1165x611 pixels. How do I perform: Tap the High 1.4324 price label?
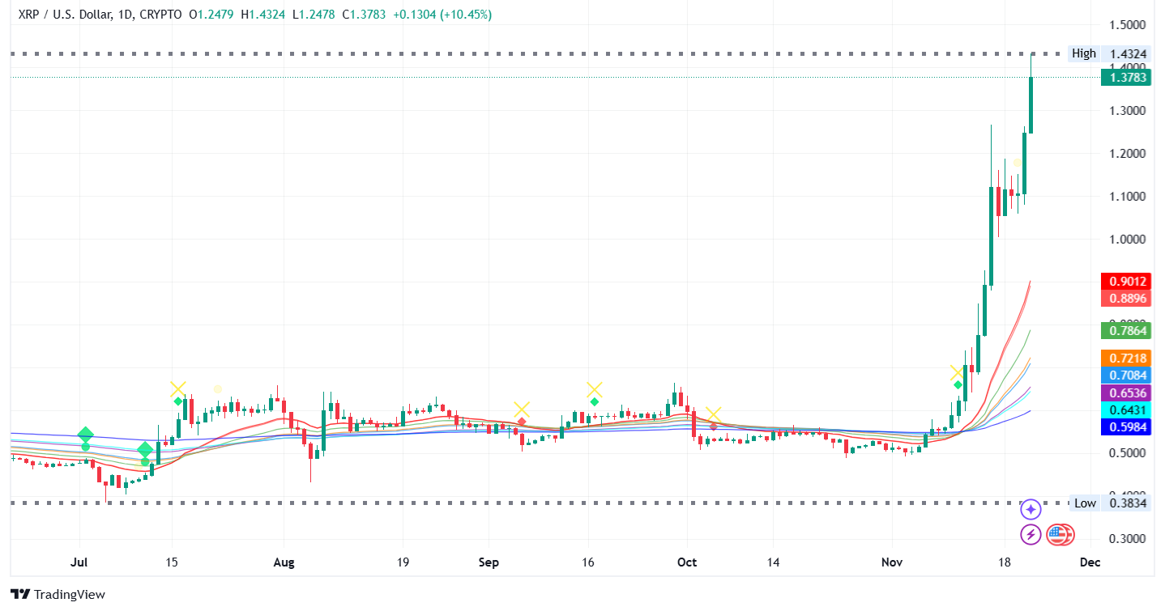click(x=1108, y=53)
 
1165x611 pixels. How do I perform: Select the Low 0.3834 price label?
click(x=1108, y=503)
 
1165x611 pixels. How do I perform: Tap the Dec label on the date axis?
click(x=1090, y=562)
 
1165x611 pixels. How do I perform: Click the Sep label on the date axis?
click(x=489, y=562)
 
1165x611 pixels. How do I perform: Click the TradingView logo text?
click(x=58, y=594)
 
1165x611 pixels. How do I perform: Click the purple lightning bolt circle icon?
click(x=1031, y=534)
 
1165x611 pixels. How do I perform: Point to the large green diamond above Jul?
click(x=86, y=435)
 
